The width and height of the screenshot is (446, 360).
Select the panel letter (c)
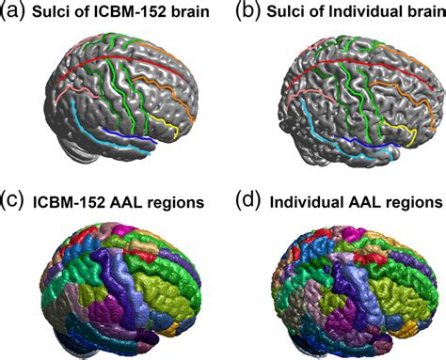pyautogui.click(x=14, y=200)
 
